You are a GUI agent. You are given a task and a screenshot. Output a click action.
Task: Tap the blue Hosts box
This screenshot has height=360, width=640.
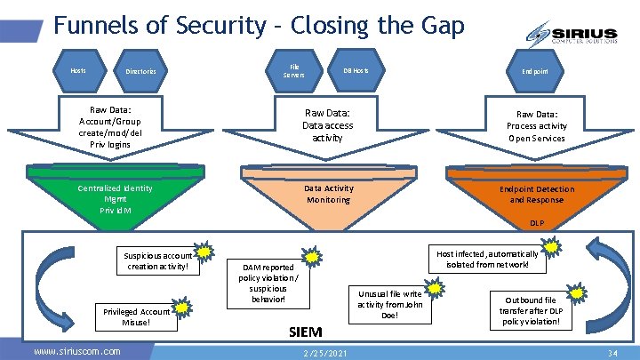coord(78,70)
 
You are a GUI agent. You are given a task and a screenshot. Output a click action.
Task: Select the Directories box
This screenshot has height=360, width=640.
coord(140,71)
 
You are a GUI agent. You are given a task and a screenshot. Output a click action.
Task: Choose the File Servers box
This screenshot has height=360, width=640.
coord(294,70)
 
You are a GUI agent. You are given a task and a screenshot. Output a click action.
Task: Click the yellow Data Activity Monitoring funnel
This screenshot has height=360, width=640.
coord(328,195)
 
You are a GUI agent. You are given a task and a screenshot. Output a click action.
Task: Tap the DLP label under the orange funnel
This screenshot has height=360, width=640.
coord(537,224)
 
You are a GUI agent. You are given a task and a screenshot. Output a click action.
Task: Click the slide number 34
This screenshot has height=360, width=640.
coord(612,353)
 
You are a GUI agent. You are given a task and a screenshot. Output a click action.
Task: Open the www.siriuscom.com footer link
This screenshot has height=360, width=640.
coord(76,352)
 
